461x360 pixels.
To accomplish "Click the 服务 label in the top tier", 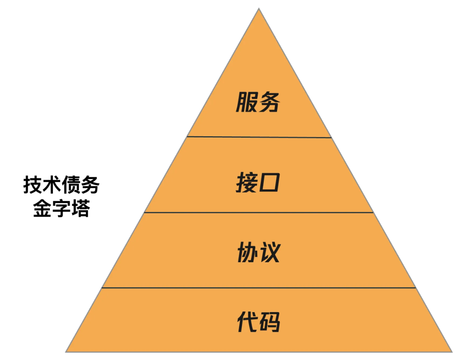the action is click(258, 102).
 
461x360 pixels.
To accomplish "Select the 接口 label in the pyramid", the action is click(258, 183).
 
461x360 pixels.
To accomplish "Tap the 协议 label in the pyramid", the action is click(258, 253).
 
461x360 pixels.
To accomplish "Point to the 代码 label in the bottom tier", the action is click(258, 322).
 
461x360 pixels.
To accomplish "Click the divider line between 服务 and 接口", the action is click(259, 137).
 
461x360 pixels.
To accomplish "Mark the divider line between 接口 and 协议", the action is click(259, 212).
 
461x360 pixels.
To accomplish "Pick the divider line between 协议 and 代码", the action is click(259, 287).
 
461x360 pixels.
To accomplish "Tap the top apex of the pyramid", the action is click(259, 9).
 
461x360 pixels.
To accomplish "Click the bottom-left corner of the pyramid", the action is click(67, 351).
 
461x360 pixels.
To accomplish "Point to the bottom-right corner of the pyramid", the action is click(451, 351).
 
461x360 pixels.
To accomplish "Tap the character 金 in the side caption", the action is click(42, 209).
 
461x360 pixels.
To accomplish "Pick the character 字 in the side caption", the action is click(61, 209).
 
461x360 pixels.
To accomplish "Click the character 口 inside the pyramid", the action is click(269, 183).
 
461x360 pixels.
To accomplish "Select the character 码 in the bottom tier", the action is click(269, 322).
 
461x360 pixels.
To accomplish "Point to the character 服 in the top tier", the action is click(247, 102).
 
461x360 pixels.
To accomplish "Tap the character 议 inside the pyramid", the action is click(269, 253).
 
